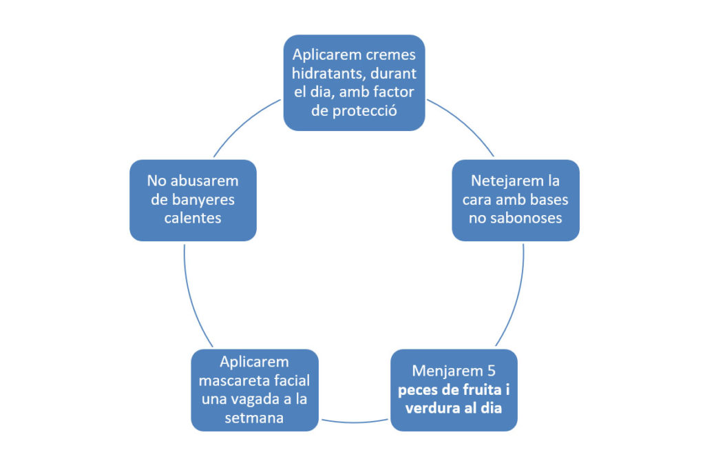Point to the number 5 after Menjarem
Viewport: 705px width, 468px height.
(x=509, y=371)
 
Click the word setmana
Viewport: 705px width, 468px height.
(x=254, y=418)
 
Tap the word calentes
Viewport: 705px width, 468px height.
(x=193, y=218)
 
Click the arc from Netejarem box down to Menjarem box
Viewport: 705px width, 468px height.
(x=518, y=296)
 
